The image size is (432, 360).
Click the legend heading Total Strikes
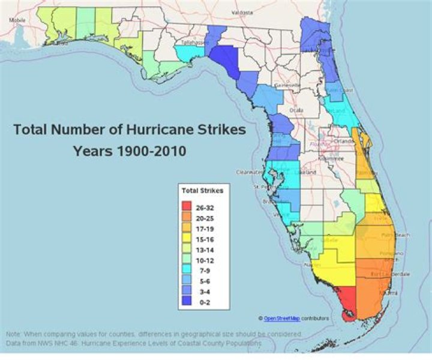click(x=203, y=191)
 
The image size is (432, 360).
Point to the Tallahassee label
click(x=194, y=43)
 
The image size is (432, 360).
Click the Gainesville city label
click(x=288, y=85)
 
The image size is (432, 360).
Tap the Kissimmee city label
click(x=329, y=158)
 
